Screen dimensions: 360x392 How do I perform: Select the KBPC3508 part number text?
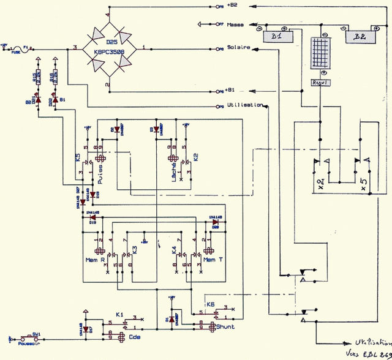pyautogui.click(x=110, y=53)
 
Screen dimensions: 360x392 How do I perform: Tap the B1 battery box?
pyautogui.click(x=276, y=37)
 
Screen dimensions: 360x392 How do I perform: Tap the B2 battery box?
pyautogui.click(x=360, y=37)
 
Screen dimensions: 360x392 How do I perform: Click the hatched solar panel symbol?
pyautogui.click(x=319, y=56)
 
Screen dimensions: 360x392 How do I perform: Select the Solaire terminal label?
pyautogui.click(x=238, y=48)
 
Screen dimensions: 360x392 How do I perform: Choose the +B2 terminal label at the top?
pyautogui.click(x=232, y=5)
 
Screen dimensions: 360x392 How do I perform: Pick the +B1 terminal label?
pyautogui.click(x=232, y=89)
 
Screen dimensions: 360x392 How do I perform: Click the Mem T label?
pyautogui.click(x=211, y=260)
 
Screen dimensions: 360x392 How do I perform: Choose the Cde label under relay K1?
pyautogui.click(x=134, y=336)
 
